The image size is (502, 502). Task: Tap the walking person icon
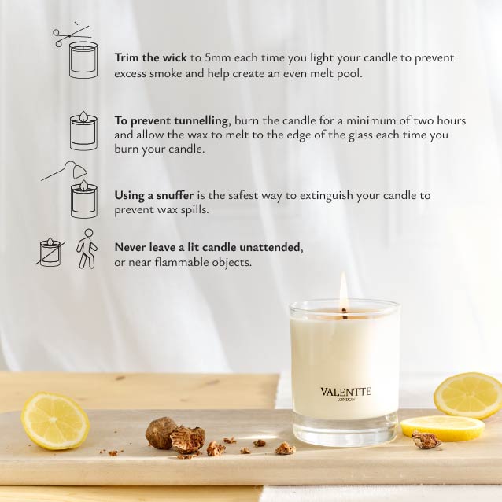click(x=87, y=249)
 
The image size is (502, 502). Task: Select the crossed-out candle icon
click(x=50, y=253)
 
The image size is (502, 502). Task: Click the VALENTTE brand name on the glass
click(x=345, y=392)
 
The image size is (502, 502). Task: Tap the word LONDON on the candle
click(x=346, y=400)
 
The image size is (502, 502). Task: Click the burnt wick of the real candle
click(x=344, y=314)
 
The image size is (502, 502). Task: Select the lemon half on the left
click(x=55, y=421)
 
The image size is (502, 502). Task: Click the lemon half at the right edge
click(x=468, y=396)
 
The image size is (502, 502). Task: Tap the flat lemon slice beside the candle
click(x=443, y=428)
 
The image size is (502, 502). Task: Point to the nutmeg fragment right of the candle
click(x=426, y=440)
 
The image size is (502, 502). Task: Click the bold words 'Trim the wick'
click(x=150, y=57)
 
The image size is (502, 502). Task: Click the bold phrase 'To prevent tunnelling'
click(x=172, y=121)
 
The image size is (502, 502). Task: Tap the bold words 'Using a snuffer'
click(x=154, y=195)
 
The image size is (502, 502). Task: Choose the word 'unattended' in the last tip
click(x=270, y=248)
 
